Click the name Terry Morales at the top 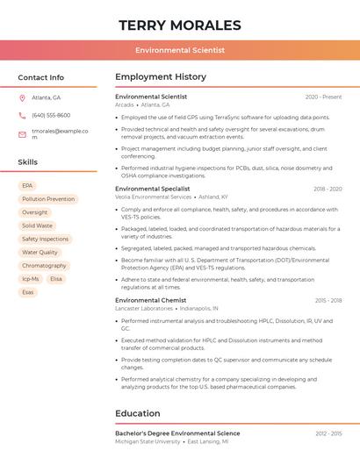pyautogui.click(x=179, y=25)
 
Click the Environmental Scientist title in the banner pyautogui.click(x=180, y=50)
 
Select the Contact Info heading pyautogui.click(x=40, y=77)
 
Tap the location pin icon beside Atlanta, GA pyautogui.click(x=22, y=97)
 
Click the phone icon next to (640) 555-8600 pyautogui.click(x=22, y=115)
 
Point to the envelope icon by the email pyautogui.click(x=22, y=134)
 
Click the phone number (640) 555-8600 pyautogui.click(x=51, y=115)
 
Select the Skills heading pyautogui.click(x=27, y=162)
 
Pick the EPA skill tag pyautogui.click(x=27, y=186)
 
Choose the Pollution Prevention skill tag pyautogui.click(x=47, y=199)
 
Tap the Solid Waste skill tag pyautogui.click(x=37, y=225)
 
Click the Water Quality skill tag pyautogui.click(x=40, y=252)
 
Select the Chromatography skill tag pyautogui.click(x=44, y=265)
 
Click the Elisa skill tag pyautogui.click(x=56, y=278)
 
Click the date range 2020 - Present pyautogui.click(x=323, y=97)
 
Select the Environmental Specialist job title pyautogui.click(x=152, y=189)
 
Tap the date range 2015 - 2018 pyautogui.click(x=328, y=300)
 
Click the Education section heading pyautogui.click(x=137, y=413)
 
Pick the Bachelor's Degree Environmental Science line pyautogui.click(x=177, y=433)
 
